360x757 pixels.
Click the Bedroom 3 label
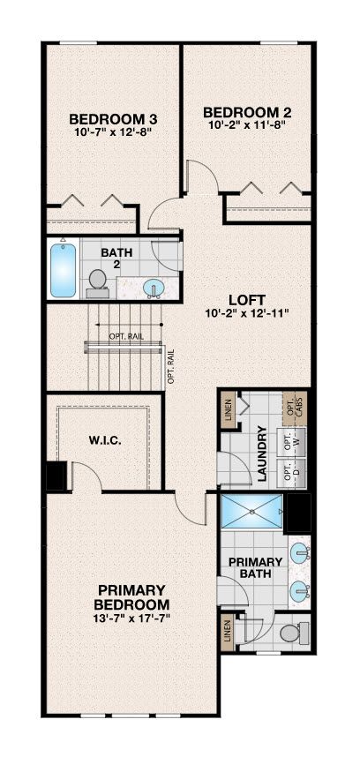coord(114,119)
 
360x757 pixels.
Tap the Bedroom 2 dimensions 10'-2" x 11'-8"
coord(247,124)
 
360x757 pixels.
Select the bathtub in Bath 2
coord(64,270)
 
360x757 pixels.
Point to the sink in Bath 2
coord(154,289)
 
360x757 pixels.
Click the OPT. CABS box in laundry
coord(295,408)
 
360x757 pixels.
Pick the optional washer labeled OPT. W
coord(291,441)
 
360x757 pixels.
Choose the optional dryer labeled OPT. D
coord(291,473)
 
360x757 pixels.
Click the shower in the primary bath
coord(251,511)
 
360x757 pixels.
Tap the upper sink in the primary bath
coord(301,551)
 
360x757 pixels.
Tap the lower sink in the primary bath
coord(301,590)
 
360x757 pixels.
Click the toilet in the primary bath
coord(295,632)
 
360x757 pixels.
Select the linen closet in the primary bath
coord(228,632)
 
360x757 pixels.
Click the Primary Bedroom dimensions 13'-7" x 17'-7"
coord(131,617)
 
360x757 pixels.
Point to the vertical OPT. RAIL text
coord(171,365)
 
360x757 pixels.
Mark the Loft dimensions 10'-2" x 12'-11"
coord(246,313)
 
